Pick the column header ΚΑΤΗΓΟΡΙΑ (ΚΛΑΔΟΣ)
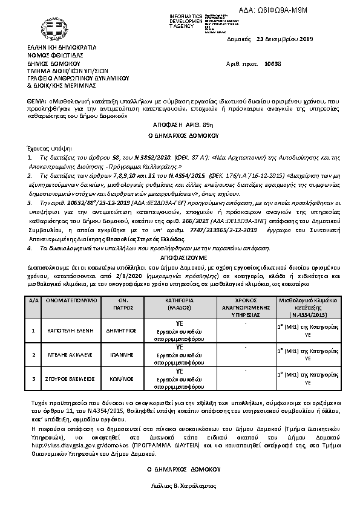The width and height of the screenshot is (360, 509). point(179,303)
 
